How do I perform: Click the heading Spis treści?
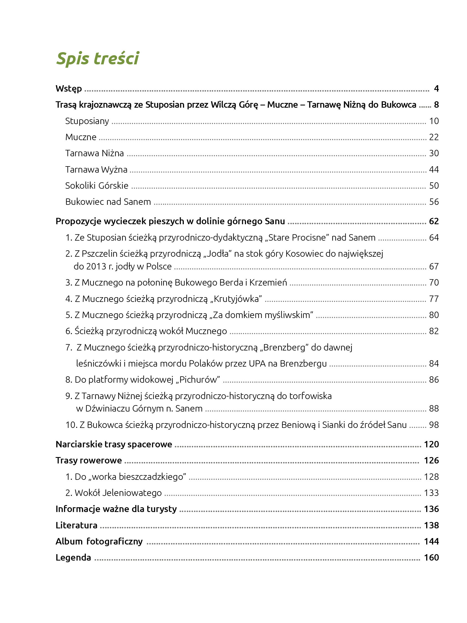click(97, 58)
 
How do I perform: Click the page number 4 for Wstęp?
click(436, 89)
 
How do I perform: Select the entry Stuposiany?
click(87, 121)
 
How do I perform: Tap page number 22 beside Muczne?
click(434, 137)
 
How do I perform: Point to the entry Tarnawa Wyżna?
click(96, 170)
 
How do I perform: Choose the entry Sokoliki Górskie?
click(97, 186)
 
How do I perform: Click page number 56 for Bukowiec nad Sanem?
click(434, 202)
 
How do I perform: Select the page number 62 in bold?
click(434, 221)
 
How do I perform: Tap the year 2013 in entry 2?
click(96, 266)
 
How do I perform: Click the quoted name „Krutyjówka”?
click(236, 299)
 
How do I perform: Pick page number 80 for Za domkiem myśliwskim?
click(434, 315)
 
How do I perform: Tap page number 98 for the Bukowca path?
click(434, 425)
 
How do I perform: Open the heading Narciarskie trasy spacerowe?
click(114, 445)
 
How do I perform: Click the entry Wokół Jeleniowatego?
click(118, 493)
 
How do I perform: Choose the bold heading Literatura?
click(76, 525)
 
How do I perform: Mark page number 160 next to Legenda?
click(431, 558)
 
